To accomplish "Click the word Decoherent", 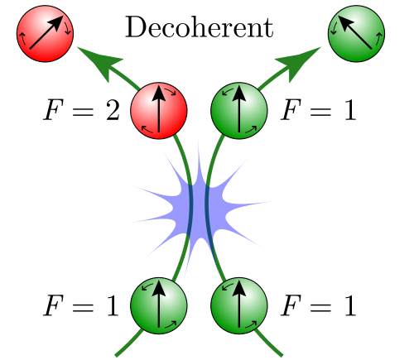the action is tap(200, 27).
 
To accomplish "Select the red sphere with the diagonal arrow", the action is tap(45, 34).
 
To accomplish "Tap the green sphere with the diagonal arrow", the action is tap(356, 34).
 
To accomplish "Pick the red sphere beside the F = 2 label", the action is tap(159, 111).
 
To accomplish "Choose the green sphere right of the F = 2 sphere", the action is tap(239, 111).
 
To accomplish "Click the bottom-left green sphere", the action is tap(159, 305).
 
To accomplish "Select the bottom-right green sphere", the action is tap(239, 305).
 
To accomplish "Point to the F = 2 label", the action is tap(81, 110).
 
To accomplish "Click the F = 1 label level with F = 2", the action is tap(318, 110).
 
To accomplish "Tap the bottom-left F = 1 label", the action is tap(81, 305).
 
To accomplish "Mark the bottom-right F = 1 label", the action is tap(318, 305).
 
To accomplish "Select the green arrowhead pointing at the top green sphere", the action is tap(299, 63).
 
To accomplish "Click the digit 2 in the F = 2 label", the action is tap(113, 110).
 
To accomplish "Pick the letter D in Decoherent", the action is tap(136, 27).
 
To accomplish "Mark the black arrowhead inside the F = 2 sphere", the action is tap(159, 93).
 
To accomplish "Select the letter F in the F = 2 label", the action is tap(53, 110).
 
